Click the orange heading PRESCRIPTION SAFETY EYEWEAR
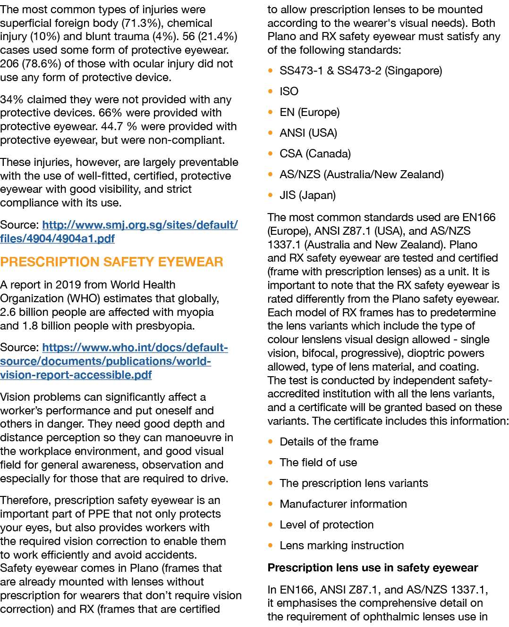112,262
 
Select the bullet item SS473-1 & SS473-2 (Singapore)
361,71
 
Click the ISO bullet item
289,91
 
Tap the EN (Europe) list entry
309,112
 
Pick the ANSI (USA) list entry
308,133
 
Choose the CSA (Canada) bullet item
315,154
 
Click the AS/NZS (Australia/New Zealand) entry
361,174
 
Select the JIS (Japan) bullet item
307,195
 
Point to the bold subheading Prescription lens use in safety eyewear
373,568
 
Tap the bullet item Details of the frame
329,442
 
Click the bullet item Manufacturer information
343,504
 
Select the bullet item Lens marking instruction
341,545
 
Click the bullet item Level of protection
326,525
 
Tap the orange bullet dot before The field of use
271,462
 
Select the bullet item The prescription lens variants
354,483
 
